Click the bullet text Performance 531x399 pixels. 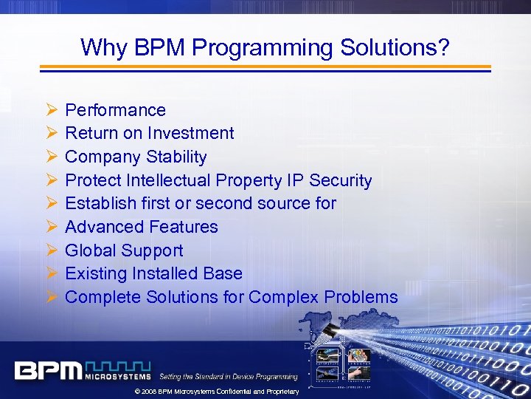pos(115,110)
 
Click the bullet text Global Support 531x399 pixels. pos(124,250)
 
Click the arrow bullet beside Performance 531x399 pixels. pos(51,110)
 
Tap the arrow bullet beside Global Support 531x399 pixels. pos(51,250)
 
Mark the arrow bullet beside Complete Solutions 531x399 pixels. pos(51,297)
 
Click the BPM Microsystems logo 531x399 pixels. pos(82,370)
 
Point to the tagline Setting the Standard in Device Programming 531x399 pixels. pos(229,377)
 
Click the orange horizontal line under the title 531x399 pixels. pos(265,66)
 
